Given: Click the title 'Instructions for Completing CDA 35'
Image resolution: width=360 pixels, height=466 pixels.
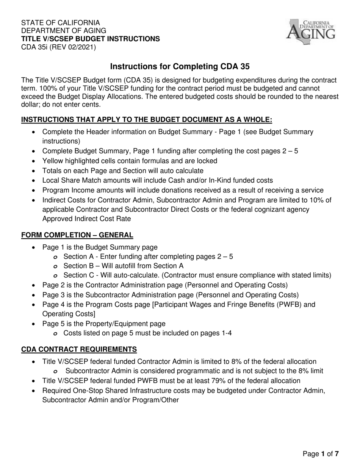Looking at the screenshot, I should pyautogui.click(x=180, y=67).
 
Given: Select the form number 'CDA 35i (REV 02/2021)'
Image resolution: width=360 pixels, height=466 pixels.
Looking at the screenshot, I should pyautogui.click(x=58, y=47).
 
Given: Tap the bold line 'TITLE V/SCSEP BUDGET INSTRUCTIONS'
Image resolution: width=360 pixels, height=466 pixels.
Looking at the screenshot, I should pyautogui.click(x=90, y=39).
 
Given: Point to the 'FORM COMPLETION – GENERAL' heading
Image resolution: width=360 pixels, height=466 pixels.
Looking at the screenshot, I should pyautogui.click(x=77, y=235).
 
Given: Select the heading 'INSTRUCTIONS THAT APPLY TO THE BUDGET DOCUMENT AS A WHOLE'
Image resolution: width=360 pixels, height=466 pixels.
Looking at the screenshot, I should pyautogui.click(x=147, y=120).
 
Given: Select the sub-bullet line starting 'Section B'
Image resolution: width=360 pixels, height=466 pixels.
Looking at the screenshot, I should pyautogui.click(x=123, y=266).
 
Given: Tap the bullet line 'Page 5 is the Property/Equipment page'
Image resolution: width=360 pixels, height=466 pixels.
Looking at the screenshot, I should pyautogui.click(x=104, y=324).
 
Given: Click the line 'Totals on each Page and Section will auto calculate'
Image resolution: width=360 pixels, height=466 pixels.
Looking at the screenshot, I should pyautogui.click(x=123, y=170).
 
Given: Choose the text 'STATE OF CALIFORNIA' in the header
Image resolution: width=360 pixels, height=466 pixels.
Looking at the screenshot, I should pyautogui.click(x=61, y=22).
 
